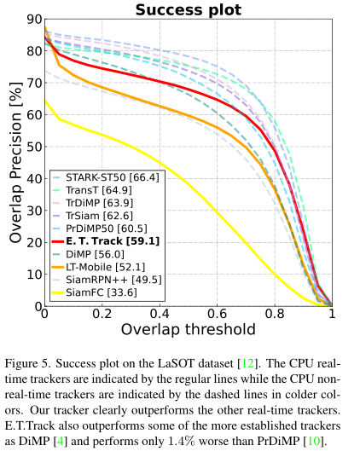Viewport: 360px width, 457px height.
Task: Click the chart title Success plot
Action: (x=189, y=10)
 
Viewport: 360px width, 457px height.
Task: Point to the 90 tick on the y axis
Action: (x=34, y=20)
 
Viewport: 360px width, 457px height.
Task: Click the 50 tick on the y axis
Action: (x=34, y=147)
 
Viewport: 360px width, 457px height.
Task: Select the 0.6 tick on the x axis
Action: (x=217, y=314)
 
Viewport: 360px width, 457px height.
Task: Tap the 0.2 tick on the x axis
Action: (x=102, y=314)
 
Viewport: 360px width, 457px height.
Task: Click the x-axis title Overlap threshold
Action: (x=189, y=330)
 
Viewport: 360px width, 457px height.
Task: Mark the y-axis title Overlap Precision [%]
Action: (x=15, y=163)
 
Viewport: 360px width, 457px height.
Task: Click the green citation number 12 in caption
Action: (x=247, y=363)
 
